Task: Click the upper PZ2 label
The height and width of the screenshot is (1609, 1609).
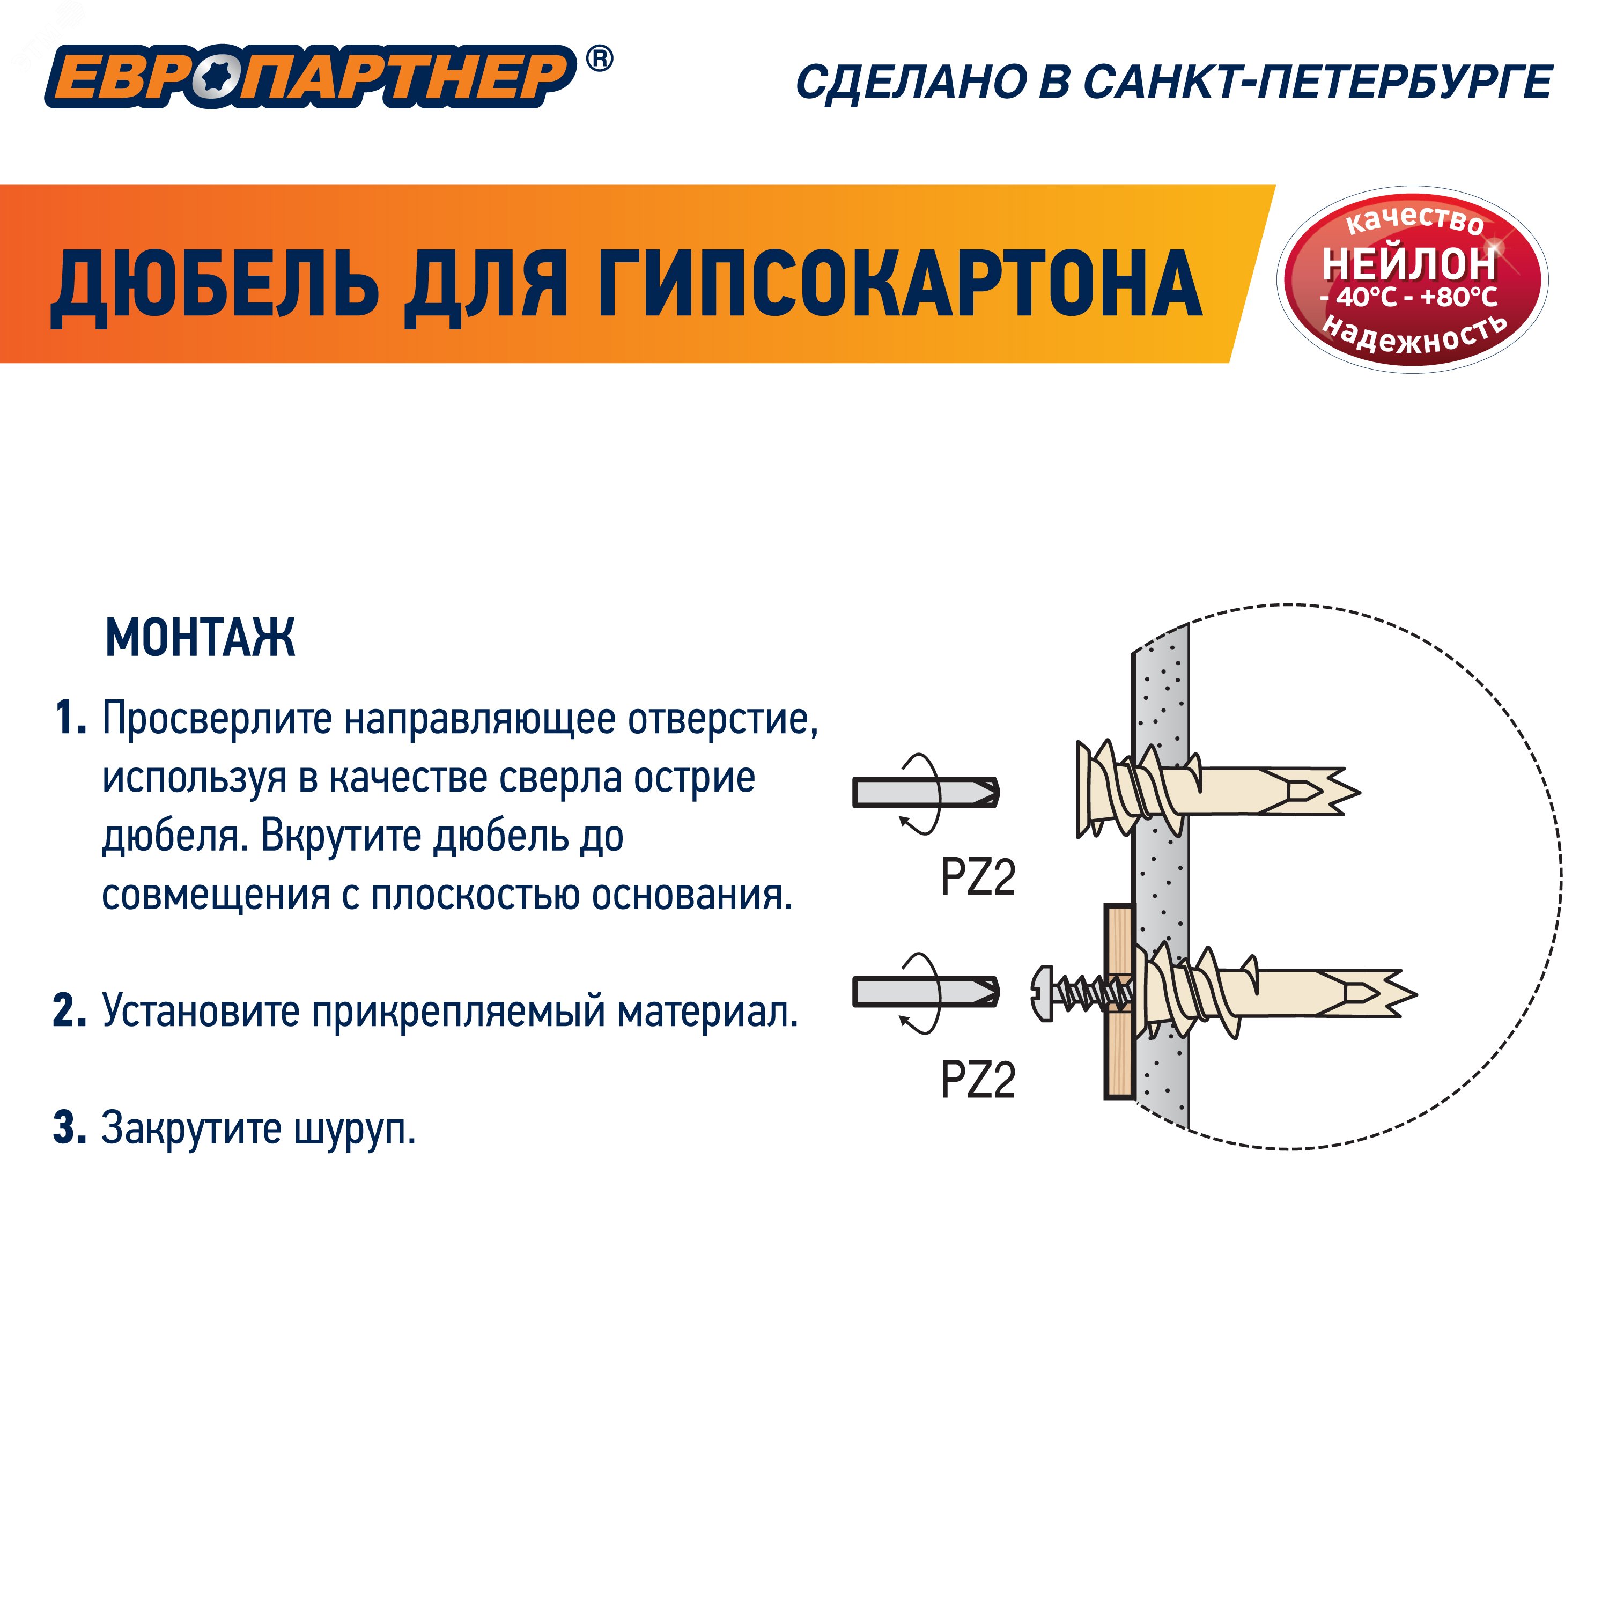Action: (979, 878)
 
